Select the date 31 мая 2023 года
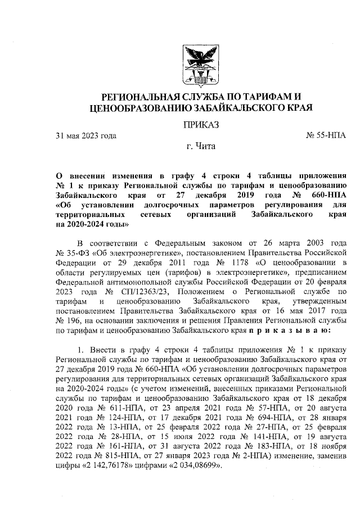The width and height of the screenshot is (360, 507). pyautogui.click(x=85, y=136)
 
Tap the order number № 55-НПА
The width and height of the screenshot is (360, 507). pyautogui.click(x=326, y=136)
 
